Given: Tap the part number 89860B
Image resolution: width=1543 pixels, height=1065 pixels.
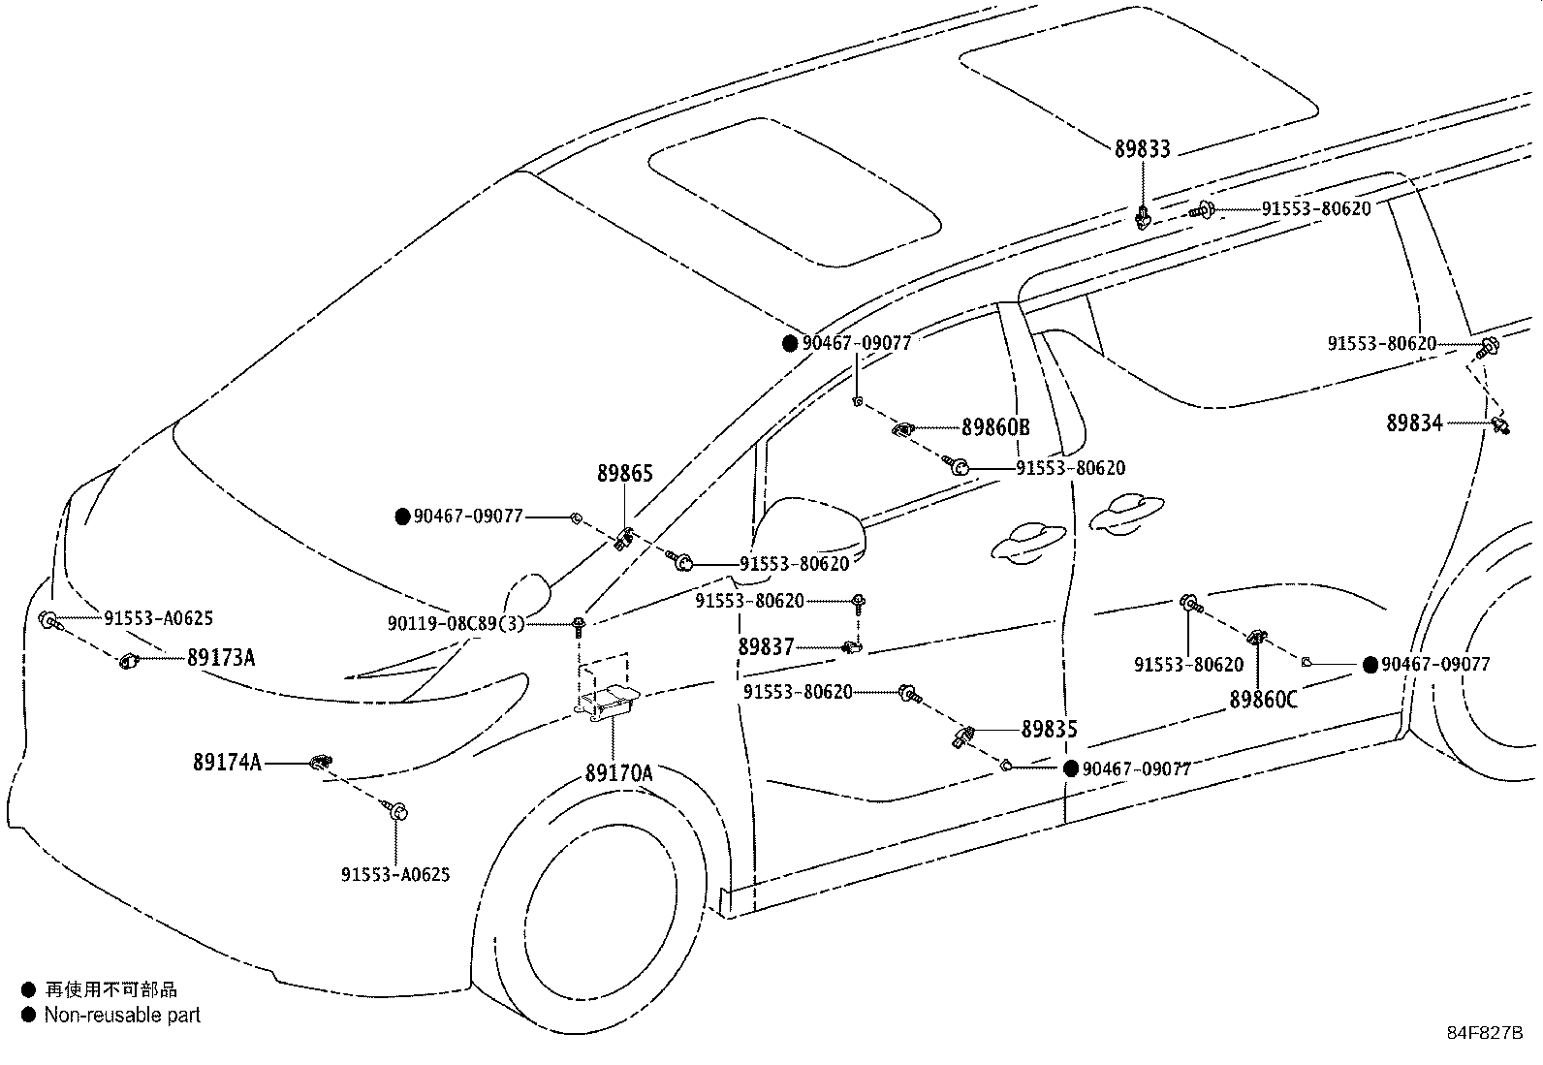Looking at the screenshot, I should [x=995, y=427].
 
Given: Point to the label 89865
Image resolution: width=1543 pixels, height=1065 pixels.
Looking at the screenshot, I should [x=624, y=474].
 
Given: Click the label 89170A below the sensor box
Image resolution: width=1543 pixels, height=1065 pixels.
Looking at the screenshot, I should [x=618, y=773].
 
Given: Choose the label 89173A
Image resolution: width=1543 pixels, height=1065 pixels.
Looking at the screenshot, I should [x=221, y=658].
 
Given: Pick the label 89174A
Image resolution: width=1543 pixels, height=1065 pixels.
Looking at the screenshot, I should [x=227, y=763].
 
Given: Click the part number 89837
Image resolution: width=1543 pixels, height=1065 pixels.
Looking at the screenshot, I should [x=766, y=646].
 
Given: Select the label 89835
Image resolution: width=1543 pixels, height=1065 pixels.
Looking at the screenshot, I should [x=1049, y=730].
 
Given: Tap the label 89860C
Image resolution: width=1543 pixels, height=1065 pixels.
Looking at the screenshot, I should [x=1263, y=699].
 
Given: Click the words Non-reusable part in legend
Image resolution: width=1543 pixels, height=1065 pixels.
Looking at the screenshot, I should [x=122, y=1016].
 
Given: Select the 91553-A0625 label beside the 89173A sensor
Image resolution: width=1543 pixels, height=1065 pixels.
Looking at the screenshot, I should [x=158, y=618].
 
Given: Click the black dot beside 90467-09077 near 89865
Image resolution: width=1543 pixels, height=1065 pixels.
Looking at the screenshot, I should [x=402, y=517].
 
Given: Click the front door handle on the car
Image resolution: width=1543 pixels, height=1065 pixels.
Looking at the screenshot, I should [x=1027, y=544].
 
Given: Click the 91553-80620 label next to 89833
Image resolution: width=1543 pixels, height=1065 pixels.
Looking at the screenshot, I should [x=1315, y=208].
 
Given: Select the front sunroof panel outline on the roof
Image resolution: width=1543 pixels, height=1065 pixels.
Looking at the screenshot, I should [x=795, y=192].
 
